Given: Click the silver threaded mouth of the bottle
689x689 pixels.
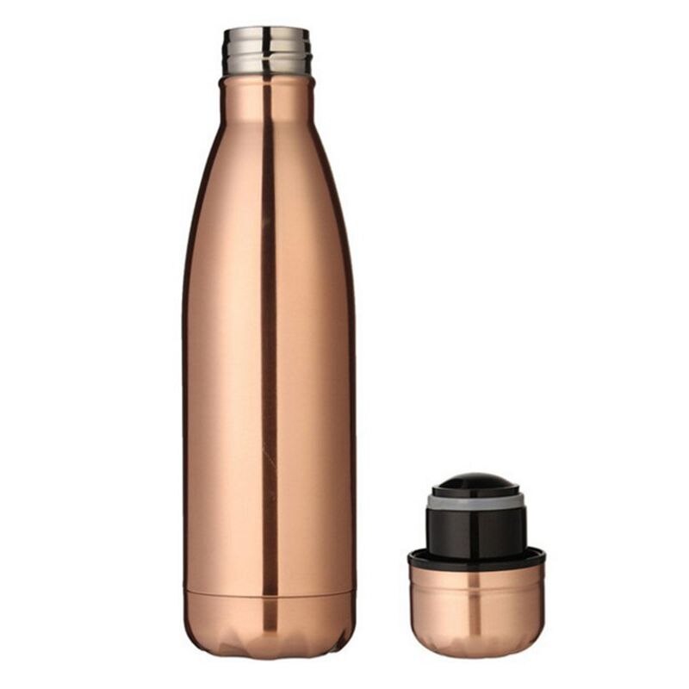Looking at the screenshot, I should pos(267,52).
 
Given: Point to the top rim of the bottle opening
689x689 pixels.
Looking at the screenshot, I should pos(267,31).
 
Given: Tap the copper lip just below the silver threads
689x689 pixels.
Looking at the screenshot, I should pos(267,80).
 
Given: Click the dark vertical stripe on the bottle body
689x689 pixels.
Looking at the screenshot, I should pos(268,344).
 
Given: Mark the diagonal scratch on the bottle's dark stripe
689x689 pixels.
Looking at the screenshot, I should pos(270,456).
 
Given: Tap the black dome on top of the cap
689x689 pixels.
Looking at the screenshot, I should pos(475,481).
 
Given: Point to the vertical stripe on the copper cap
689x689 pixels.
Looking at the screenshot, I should pos(475,603).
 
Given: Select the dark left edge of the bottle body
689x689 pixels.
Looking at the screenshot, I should pos(186,388).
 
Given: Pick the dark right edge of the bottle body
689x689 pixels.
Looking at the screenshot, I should pos(351,388).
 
